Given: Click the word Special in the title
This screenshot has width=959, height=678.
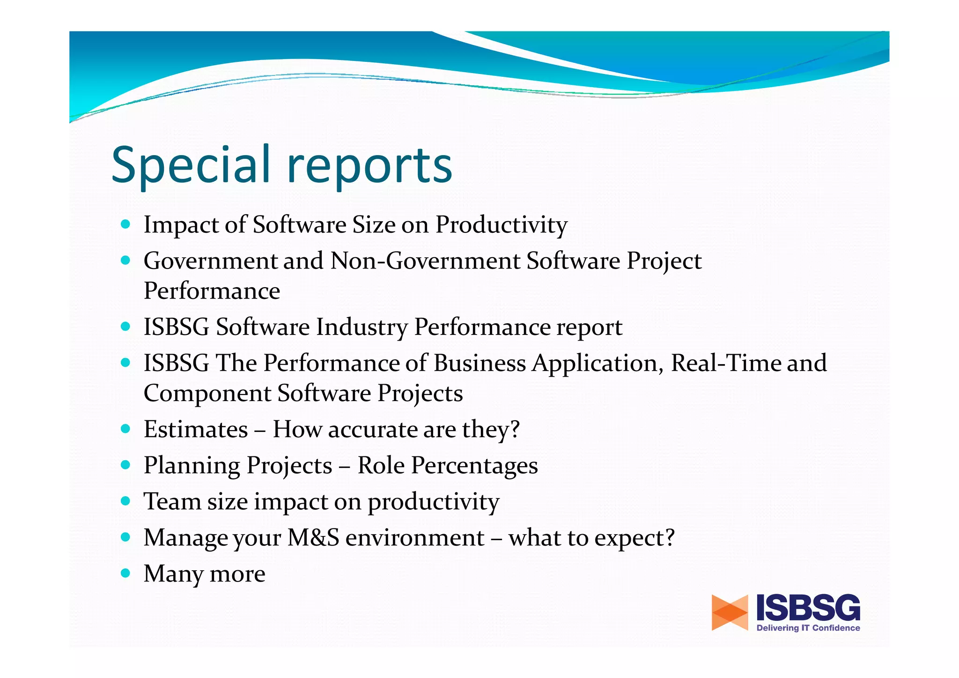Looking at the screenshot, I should coord(191,165).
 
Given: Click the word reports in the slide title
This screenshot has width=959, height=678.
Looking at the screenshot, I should coord(369,168).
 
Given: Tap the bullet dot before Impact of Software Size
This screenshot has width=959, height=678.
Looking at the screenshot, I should coord(125,224).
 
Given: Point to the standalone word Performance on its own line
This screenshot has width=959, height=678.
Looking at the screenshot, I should coord(212,291).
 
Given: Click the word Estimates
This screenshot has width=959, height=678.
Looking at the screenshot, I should coord(196,429).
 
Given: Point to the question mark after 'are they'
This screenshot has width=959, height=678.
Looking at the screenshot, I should coord(515,429).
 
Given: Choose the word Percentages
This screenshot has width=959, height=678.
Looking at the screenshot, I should coord(474,466).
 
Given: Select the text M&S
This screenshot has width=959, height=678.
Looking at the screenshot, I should coord(313,537).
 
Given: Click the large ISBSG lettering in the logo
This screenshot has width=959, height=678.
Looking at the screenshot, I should coord(808,608).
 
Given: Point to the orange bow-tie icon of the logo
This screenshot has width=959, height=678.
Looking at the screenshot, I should coord(729,612).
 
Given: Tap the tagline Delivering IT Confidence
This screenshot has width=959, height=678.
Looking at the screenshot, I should coord(808,628).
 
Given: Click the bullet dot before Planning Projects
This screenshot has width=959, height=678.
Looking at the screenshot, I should coord(125,465).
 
